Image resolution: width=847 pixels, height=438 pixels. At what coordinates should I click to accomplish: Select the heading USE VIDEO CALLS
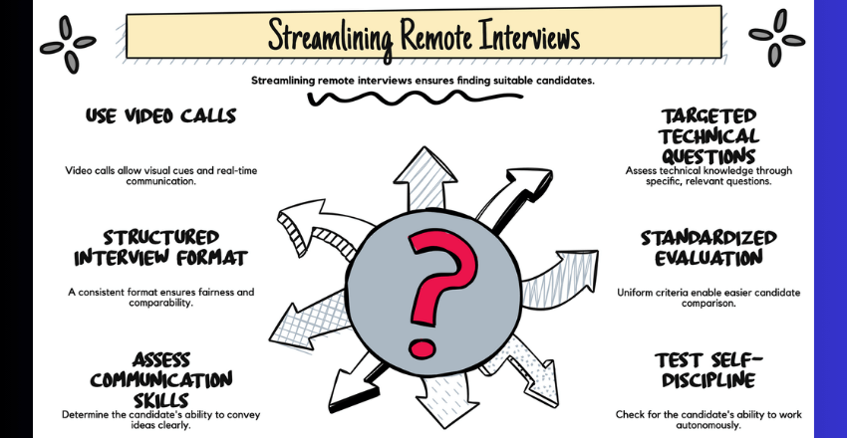click(160, 115)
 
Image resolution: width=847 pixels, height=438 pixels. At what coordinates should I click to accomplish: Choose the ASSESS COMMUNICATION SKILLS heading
click(160, 378)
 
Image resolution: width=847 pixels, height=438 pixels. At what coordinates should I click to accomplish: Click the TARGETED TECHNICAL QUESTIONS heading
click(708, 136)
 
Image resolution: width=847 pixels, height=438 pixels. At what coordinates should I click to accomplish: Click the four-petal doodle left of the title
click(68, 42)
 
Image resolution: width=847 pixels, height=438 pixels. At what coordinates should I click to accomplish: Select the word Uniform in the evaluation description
click(635, 292)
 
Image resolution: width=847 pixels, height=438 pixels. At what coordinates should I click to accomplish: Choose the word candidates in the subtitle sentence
click(560, 80)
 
